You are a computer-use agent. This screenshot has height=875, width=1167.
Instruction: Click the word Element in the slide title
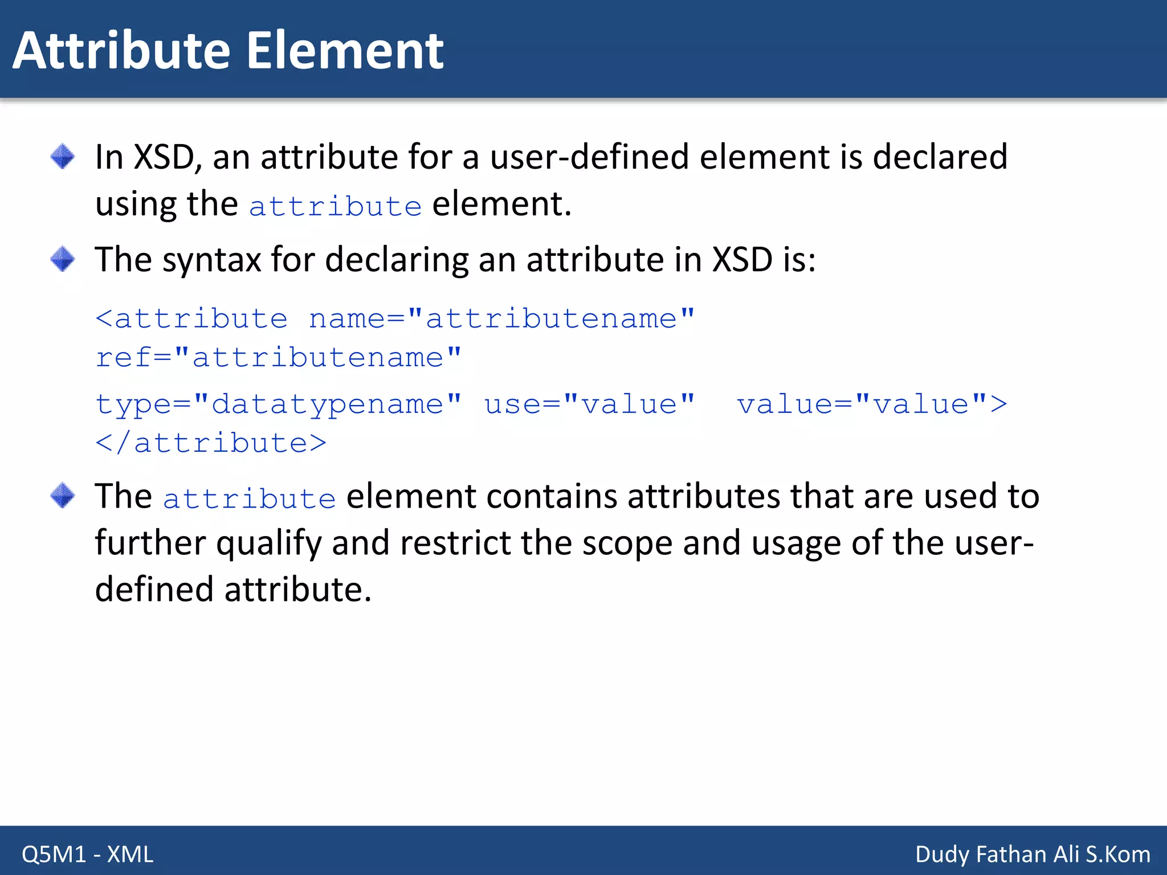tap(345, 51)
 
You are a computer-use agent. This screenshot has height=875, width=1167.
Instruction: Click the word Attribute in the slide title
tap(121, 51)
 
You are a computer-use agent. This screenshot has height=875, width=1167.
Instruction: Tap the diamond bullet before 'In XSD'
tap(62, 157)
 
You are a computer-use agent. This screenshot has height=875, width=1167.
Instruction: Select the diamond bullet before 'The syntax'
tap(62, 259)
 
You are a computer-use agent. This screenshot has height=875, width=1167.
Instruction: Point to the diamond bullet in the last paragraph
tap(62, 495)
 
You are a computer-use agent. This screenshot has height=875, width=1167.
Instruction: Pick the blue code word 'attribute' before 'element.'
tap(335, 206)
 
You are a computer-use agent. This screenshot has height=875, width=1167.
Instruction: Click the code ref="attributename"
tap(278, 357)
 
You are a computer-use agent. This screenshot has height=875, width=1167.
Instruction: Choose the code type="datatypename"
tap(278, 404)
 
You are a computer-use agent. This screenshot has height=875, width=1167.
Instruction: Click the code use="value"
tap(589, 404)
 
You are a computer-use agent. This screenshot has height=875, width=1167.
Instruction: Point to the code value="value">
tap(872, 404)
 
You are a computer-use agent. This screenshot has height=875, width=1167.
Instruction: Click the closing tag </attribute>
tap(211, 443)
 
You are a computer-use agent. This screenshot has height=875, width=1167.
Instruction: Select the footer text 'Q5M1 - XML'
tap(87, 854)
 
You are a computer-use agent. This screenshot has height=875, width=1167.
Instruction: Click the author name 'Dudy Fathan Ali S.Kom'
tap(1033, 854)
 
